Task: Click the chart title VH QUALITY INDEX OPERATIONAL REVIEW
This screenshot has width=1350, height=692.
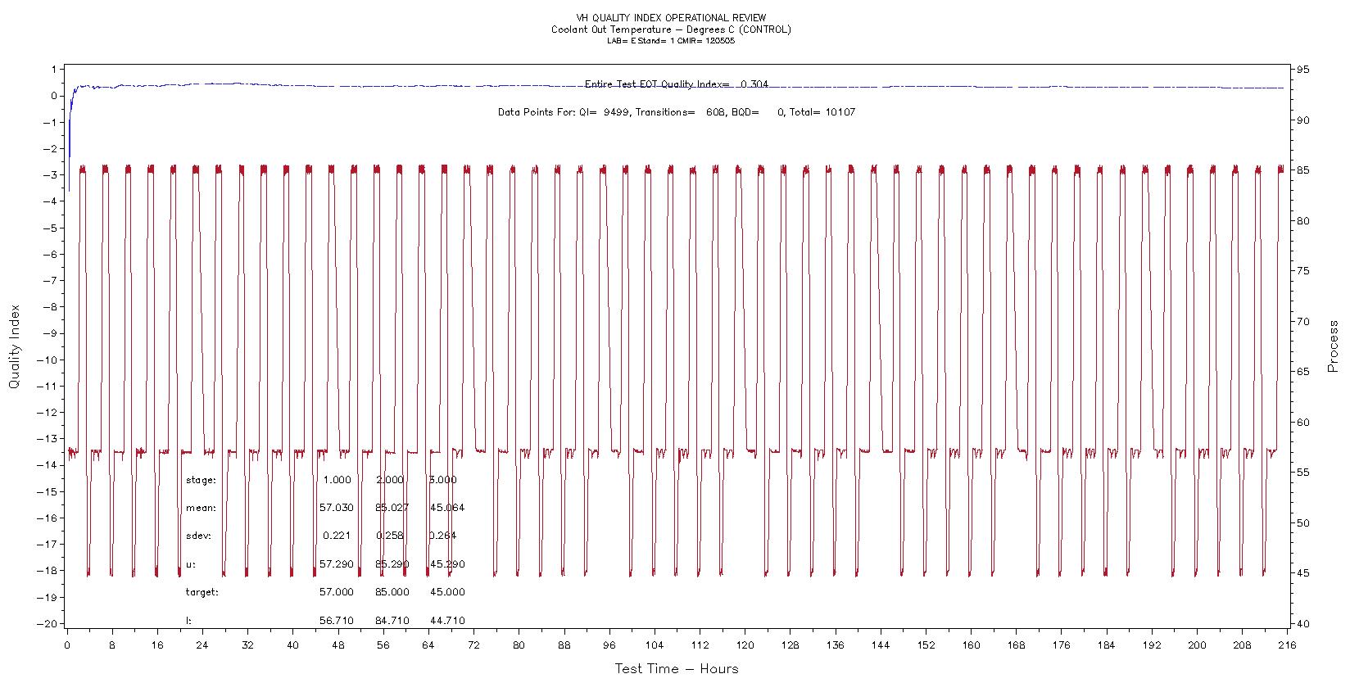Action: [671, 17]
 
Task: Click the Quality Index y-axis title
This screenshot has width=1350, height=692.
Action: [14, 347]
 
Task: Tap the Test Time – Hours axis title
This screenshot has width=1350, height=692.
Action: [677, 669]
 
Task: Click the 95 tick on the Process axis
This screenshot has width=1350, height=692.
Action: [1304, 70]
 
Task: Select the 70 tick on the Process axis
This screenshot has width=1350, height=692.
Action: [1304, 322]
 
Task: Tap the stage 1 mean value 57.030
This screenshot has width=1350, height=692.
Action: [337, 508]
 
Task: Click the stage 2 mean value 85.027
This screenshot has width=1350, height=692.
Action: [392, 508]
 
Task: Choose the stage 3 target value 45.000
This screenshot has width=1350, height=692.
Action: [447, 592]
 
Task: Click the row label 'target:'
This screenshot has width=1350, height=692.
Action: [202, 592]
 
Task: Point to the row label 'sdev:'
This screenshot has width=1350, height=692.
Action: [199, 536]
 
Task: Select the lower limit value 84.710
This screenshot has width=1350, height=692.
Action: [392, 621]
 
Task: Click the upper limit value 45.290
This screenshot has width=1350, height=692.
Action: [447, 564]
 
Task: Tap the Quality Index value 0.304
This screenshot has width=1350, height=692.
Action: [754, 84]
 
